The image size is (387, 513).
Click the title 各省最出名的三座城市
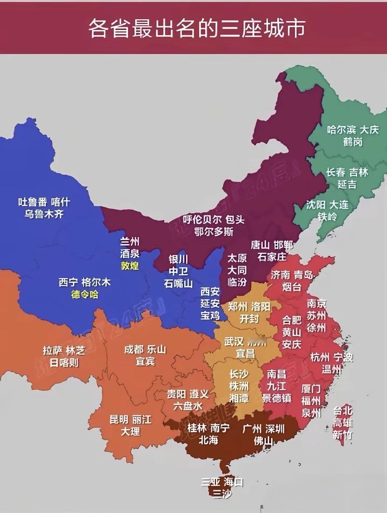[x=197, y=29]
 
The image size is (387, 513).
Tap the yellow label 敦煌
[x=130, y=266]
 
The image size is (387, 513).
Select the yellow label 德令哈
[x=85, y=295]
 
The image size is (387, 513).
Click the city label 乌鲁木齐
[x=44, y=214]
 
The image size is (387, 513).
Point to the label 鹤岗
[x=352, y=142]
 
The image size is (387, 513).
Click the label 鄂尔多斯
[x=215, y=231]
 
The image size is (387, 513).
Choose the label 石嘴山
[x=178, y=283]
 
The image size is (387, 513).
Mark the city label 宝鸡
[x=210, y=316]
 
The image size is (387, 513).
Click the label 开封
[x=250, y=319]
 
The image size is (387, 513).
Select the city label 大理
[x=130, y=431]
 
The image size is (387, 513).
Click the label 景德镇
[x=277, y=398]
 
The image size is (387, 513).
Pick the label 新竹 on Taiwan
[x=342, y=435]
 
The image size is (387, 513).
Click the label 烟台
[x=292, y=287]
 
